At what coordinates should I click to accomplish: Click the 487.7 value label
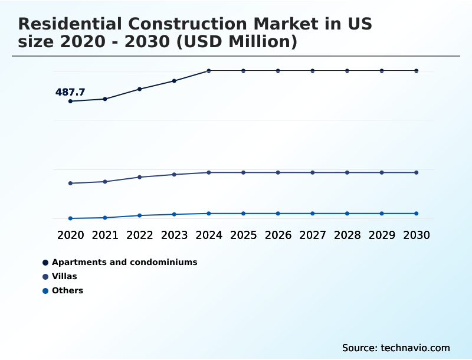pos(70,92)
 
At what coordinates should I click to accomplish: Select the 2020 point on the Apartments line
pos(71,101)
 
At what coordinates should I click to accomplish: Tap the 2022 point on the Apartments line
pos(140,89)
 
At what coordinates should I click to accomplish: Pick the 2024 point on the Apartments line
pos(209,71)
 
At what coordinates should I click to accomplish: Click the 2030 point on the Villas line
pos(416,172)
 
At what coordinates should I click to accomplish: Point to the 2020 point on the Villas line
pos(71,183)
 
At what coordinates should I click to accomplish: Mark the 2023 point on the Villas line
pos(174,175)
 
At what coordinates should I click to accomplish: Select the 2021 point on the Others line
pos(105,218)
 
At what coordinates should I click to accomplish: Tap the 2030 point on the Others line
pos(416,214)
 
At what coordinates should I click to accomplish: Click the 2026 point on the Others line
pos(278,214)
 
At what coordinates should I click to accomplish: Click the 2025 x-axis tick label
pos(243,235)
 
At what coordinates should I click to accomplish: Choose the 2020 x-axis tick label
pos(71,235)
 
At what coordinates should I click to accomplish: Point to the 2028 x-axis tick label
pos(347,235)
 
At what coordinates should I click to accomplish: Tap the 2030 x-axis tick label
pos(416,235)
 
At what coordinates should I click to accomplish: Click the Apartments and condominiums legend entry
pos(124,262)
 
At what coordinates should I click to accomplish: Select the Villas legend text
pos(64,276)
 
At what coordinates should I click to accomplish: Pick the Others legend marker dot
pos(45,291)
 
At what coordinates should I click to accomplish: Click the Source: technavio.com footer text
pos(396,348)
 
